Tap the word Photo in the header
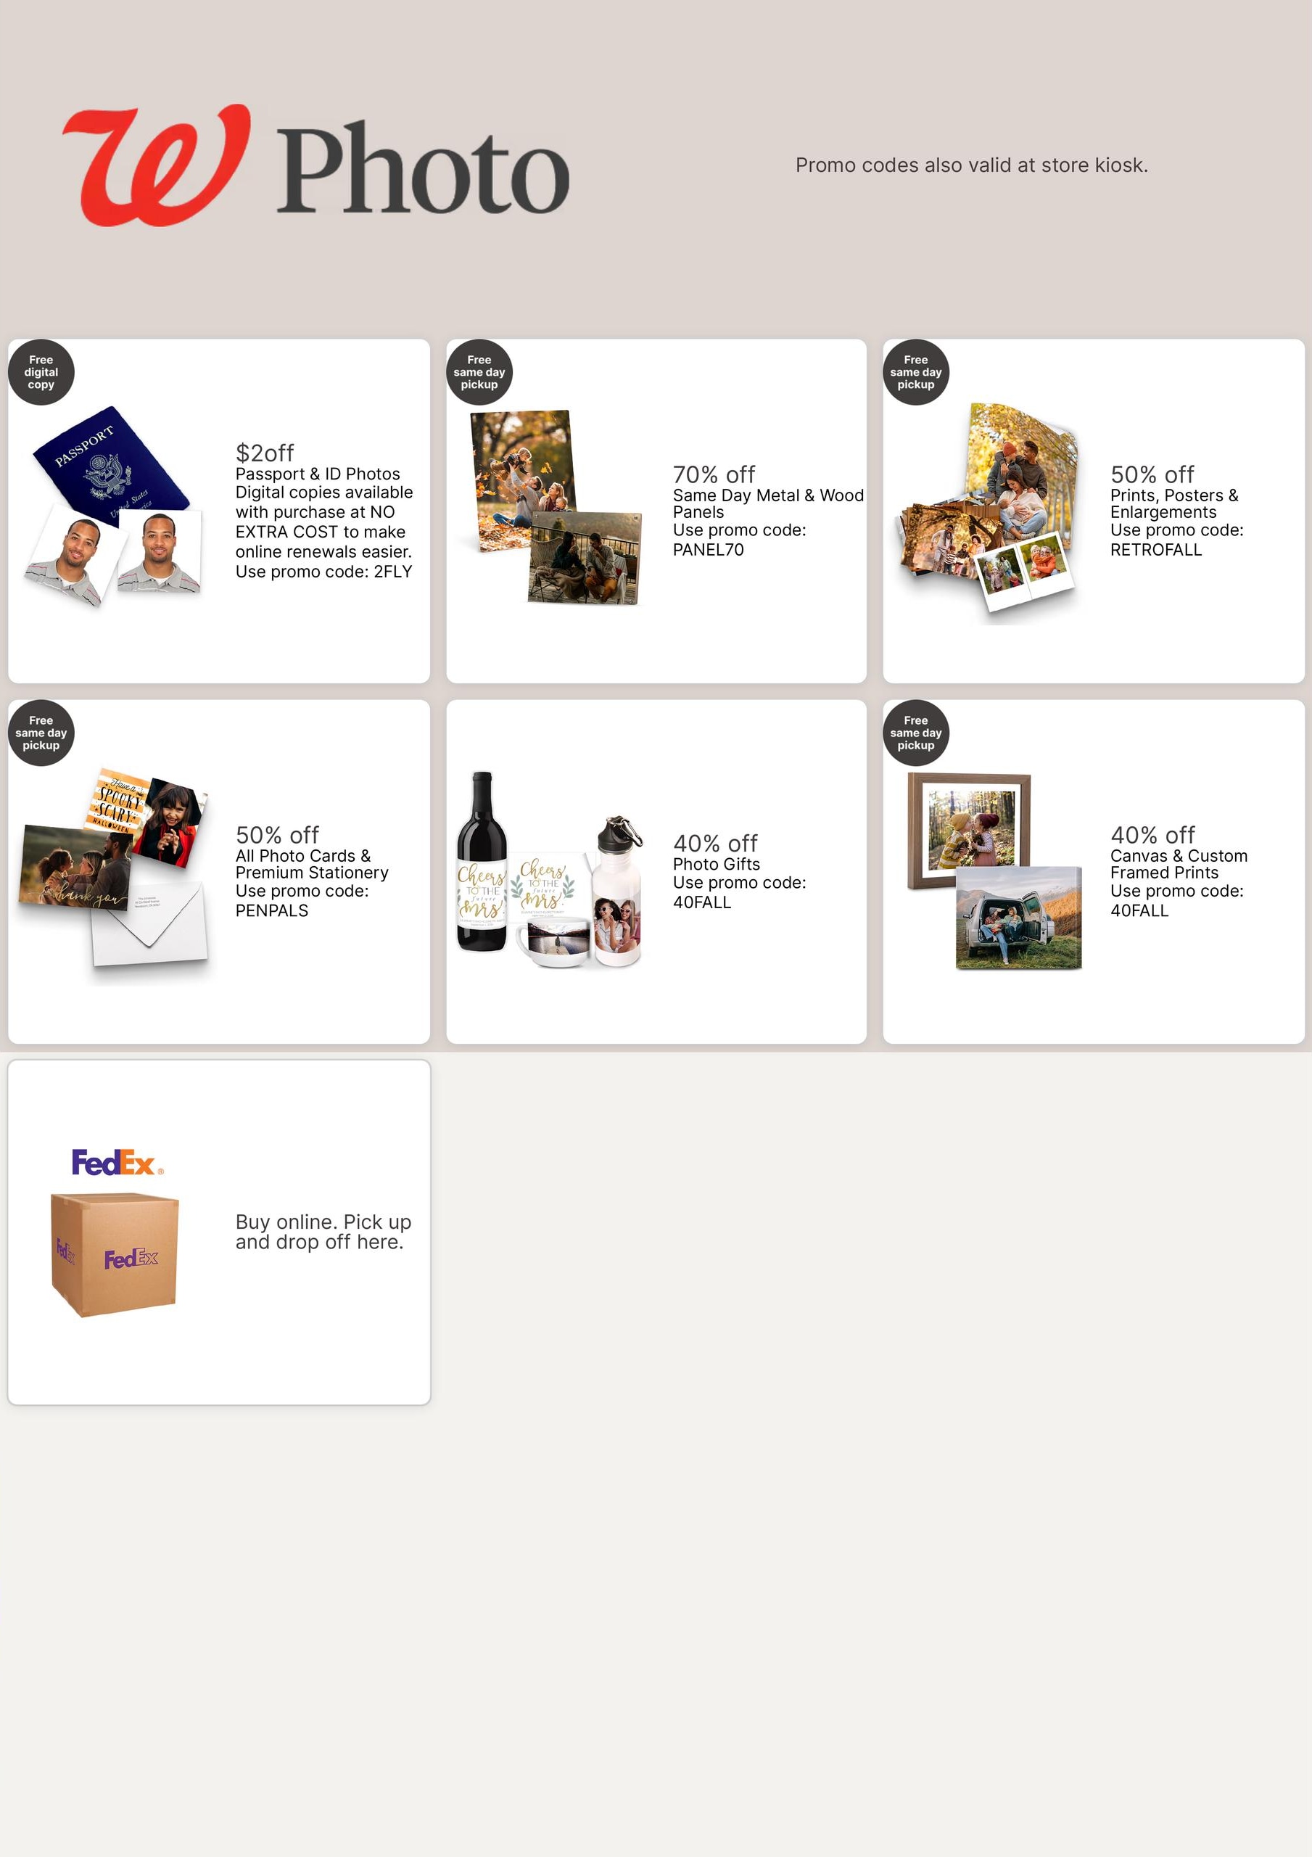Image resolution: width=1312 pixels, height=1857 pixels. coord(423,168)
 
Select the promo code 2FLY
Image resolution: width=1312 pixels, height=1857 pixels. coord(393,572)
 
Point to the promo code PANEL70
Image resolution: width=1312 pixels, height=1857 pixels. coord(709,550)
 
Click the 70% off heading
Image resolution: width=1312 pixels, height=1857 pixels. coord(714,474)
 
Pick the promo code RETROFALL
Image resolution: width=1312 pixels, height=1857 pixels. coord(1156,550)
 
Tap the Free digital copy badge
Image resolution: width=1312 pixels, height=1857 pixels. coord(41,372)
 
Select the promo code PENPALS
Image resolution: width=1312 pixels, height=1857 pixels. coord(272,910)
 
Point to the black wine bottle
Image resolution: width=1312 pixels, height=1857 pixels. coord(482,861)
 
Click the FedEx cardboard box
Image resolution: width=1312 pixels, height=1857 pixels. coord(114,1253)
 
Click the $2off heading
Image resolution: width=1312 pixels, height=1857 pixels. coord(265,453)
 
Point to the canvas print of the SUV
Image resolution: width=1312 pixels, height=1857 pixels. coord(1018,917)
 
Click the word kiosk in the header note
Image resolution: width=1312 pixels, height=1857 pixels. coord(1121,165)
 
